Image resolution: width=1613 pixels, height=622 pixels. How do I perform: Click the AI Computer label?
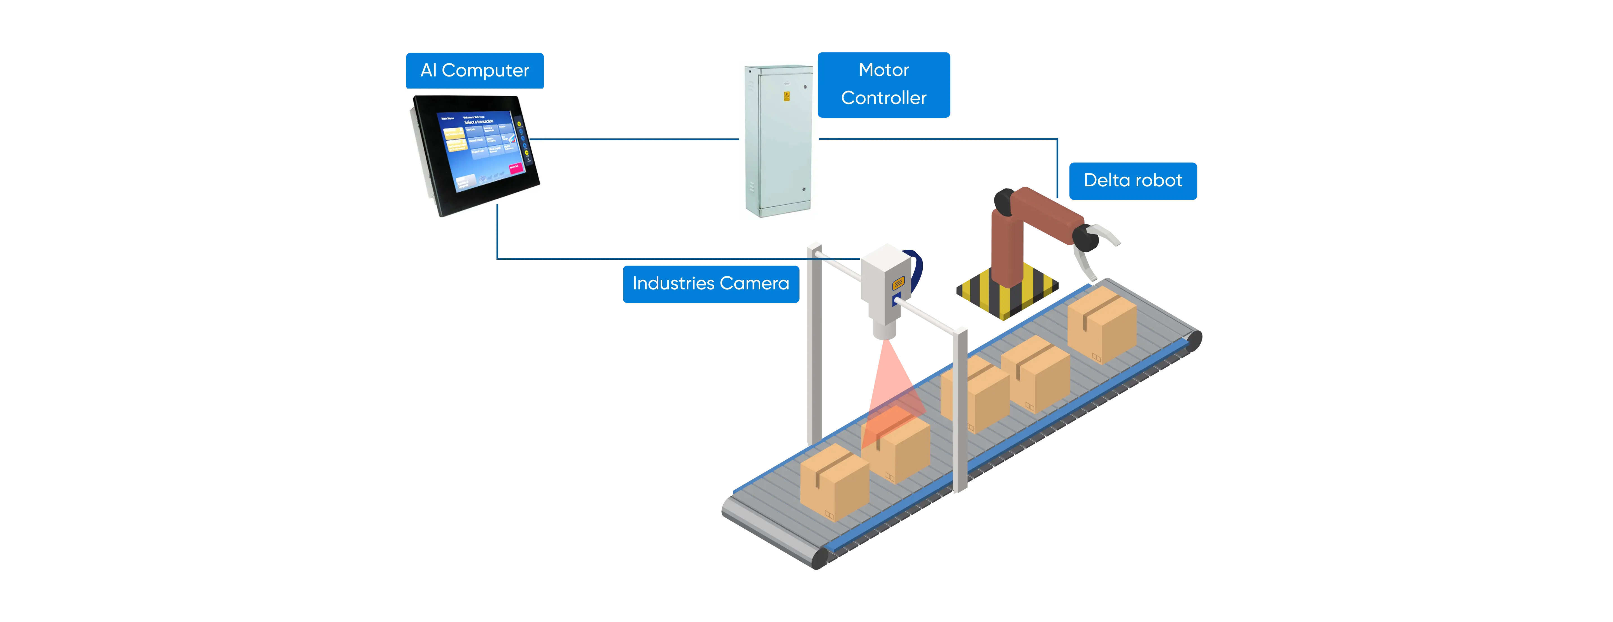point(475,70)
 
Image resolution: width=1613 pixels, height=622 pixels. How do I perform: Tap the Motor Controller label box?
point(884,85)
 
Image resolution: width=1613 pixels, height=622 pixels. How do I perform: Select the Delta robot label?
point(1133,180)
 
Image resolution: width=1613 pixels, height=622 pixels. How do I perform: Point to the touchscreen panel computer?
point(476,154)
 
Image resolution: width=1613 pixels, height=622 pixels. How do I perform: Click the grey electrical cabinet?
point(778,141)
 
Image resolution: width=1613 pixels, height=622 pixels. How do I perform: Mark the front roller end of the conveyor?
point(820,558)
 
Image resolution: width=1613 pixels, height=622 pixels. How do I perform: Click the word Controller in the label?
point(884,98)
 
